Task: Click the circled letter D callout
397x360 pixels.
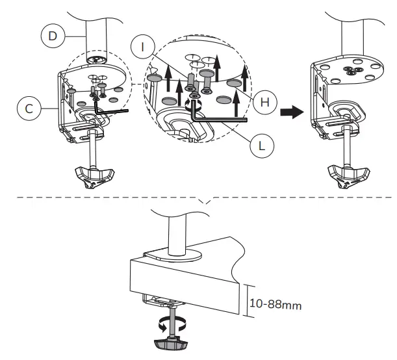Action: click(53, 36)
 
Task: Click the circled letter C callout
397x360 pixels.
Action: click(29, 109)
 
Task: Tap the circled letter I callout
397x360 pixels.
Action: click(143, 47)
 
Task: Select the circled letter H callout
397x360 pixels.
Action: click(265, 102)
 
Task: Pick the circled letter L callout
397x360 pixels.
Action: click(262, 146)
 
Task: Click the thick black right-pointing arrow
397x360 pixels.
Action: click(292, 112)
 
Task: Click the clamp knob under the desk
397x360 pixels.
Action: click(171, 344)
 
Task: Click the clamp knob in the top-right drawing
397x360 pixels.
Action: click(349, 176)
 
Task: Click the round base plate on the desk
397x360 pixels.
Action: click(173, 255)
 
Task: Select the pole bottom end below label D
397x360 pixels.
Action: click(96, 60)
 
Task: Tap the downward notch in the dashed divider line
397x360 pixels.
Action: click(207, 200)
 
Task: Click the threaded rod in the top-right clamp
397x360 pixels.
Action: click(348, 146)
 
